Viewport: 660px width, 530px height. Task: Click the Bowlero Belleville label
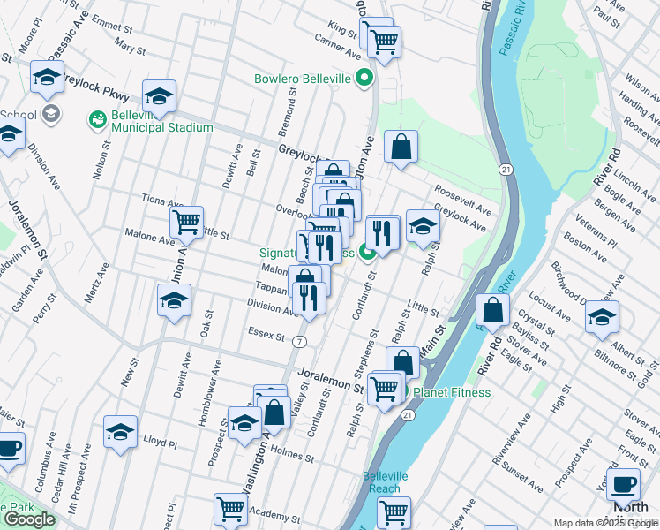(304, 79)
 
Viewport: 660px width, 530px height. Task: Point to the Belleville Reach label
(385, 481)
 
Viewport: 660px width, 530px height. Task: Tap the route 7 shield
(301, 341)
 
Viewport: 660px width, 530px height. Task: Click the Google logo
(29, 519)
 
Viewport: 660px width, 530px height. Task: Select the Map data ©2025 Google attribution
(605, 523)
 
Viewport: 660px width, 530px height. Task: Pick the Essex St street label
(269, 337)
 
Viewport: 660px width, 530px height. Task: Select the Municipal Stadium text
(161, 127)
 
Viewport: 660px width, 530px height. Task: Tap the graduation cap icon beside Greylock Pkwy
(159, 96)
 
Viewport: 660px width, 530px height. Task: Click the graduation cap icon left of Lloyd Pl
(121, 432)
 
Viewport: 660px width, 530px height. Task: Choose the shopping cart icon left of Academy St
(230, 509)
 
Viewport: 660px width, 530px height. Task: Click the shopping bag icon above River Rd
(492, 309)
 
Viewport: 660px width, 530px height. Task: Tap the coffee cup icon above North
(625, 484)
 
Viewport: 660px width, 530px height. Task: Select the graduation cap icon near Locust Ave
(602, 316)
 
